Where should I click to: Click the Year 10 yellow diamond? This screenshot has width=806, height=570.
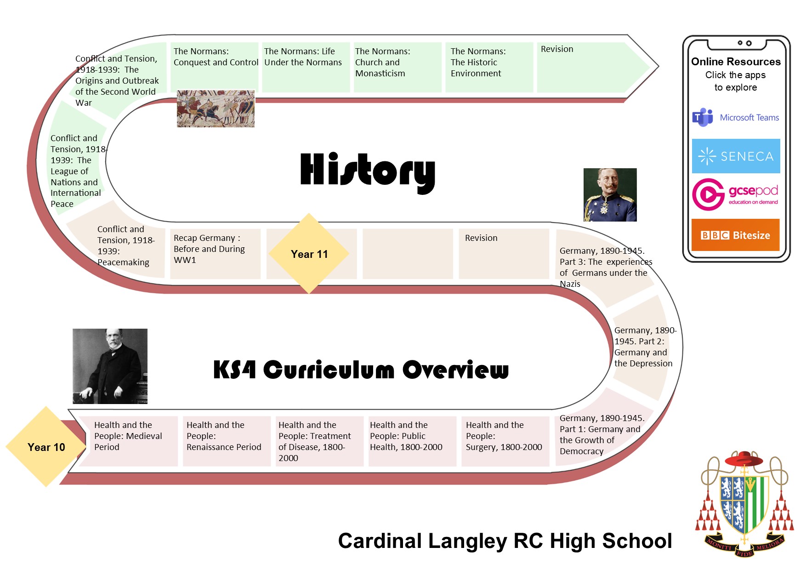46,447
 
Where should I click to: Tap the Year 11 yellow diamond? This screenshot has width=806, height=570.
309,253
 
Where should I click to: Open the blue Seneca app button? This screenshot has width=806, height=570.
736,156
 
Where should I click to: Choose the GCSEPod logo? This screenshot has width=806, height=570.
735,194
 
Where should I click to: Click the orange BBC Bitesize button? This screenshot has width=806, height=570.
735,235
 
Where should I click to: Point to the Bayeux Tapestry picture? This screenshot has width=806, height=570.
216,108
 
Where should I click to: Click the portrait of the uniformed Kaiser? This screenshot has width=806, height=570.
610,195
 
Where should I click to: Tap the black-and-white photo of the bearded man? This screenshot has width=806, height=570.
110,366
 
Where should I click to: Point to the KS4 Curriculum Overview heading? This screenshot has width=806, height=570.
361,370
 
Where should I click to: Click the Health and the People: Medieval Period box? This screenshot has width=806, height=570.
128,441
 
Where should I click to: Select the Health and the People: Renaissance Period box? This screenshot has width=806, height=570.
227,441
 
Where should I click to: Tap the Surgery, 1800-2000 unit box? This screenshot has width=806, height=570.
505,441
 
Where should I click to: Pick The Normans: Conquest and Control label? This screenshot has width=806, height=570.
216,57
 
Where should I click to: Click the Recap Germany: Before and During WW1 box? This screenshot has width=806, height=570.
215,254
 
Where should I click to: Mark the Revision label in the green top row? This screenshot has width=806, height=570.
557,49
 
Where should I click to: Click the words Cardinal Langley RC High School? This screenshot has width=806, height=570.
505,541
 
